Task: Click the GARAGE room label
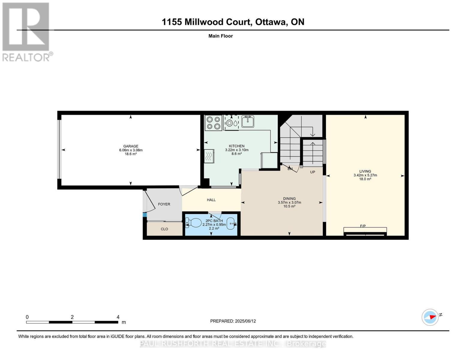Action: [x=131, y=146]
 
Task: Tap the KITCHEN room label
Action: [x=236, y=146]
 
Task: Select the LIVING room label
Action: [x=365, y=171]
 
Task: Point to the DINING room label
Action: [x=289, y=199]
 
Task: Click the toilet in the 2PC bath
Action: [x=194, y=223]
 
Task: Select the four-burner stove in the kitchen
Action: [x=213, y=123]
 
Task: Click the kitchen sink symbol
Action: [x=248, y=121]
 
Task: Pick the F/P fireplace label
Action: [x=363, y=226]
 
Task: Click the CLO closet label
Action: [x=164, y=229]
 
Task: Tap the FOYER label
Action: [x=164, y=204]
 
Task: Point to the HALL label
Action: [x=211, y=200]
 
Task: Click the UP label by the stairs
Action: [x=312, y=172]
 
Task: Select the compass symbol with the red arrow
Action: [x=430, y=317]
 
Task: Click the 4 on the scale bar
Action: [x=118, y=317]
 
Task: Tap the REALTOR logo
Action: [x=26, y=31]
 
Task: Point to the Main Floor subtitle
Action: [x=221, y=36]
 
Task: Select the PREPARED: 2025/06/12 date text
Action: [x=233, y=321]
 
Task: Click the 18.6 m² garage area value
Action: [x=131, y=154]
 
